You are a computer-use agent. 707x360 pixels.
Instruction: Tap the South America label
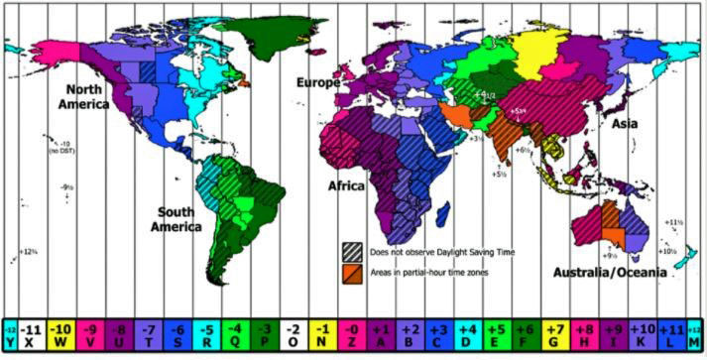click(x=177, y=218)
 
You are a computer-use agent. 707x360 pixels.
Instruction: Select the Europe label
click(x=318, y=84)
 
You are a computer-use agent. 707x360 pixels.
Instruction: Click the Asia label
click(x=624, y=124)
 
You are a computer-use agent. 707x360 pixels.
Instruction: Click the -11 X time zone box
click(x=32, y=335)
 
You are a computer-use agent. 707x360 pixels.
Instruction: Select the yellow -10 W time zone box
click(x=60, y=335)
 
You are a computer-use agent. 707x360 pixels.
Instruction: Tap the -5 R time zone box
click(x=206, y=335)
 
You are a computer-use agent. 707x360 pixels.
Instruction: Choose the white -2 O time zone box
click(x=293, y=335)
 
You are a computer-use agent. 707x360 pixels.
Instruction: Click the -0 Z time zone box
click(x=351, y=335)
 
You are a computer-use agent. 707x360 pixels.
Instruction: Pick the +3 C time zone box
click(x=438, y=335)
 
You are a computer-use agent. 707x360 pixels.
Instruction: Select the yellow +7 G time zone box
click(x=554, y=335)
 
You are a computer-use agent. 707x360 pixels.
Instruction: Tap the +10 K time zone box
click(x=642, y=335)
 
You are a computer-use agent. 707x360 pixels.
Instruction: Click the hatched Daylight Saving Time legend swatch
click(x=351, y=251)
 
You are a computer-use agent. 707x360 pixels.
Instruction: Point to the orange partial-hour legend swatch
click(x=351, y=271)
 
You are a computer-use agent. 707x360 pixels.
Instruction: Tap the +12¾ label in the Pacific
click(x=28, y=251)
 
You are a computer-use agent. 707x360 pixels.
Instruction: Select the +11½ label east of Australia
click(x=675, y=222)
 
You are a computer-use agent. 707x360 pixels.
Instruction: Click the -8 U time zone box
click(x=119, y=335)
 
